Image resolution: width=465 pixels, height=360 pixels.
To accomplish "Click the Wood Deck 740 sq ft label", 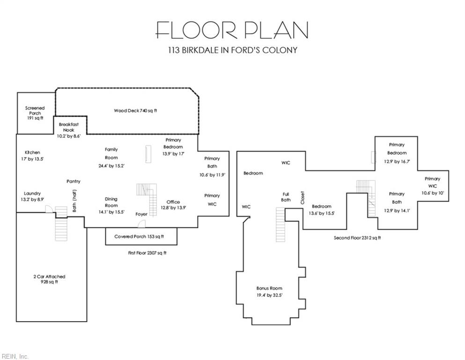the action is point(135,111).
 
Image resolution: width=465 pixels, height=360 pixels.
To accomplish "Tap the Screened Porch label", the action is point(35,111).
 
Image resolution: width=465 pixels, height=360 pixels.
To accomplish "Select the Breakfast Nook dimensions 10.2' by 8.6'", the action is point(69,136).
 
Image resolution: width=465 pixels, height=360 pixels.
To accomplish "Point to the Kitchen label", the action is point(32,152).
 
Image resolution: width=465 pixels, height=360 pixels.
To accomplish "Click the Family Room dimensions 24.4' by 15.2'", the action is point(111,166).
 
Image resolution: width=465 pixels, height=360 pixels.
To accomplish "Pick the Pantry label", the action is point(73,181).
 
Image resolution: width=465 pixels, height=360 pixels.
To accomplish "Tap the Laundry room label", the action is point(32,193).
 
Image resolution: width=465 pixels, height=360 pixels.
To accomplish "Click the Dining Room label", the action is point(111,202).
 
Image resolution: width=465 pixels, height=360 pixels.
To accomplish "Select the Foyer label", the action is point(141,214).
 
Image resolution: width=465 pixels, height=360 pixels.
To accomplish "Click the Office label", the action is point(173,202).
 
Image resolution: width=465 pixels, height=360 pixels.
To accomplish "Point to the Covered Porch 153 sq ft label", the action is point(139,237).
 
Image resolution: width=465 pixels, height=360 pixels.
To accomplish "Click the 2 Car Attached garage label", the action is point(49,276).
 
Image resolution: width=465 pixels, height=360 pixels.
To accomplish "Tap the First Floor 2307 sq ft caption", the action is point(147,253).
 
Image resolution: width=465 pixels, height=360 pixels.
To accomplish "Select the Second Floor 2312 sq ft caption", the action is point(357,238).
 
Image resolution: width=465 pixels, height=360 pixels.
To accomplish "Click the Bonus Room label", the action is point(269,288).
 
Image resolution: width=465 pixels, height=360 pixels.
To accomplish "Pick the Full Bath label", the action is point(286,197).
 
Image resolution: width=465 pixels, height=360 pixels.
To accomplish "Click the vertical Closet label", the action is point(303,198).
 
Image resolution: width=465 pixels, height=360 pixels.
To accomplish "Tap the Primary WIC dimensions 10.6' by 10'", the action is point(433,193).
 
